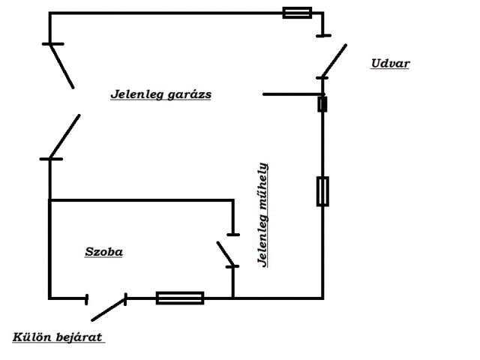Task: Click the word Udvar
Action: click(390, 63)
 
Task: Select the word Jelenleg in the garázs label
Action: click(137, 94)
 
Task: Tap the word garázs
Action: click(190, 95)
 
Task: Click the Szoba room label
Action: click(103, 252)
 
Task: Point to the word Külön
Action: click(31, 337)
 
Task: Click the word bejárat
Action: click(79, 337)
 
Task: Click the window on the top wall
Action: click(297, 13)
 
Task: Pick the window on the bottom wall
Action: click(180, 298)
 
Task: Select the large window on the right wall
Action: click(322, 191)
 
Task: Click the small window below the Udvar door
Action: click(322, 104)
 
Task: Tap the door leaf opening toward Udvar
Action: click(334, 61)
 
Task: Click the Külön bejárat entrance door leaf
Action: click(109, 309)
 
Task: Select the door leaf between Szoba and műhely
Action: click(225, 253)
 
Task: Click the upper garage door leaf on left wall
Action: click(62, 66)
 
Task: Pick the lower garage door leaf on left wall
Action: click(65, 136)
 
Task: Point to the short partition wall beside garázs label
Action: click(293, 94)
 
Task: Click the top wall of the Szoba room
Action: click(142, 200)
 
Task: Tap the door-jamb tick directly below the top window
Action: click(323, 36)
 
